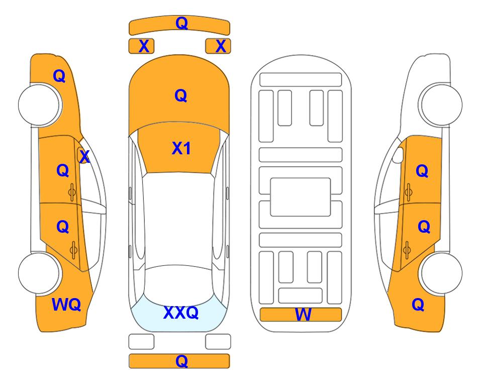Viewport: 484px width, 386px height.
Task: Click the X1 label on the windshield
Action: click(x=181, y=148)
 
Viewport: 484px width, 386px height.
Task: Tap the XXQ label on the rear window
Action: click(x=181, y=313)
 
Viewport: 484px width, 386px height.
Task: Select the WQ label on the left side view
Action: click(x=66, y=305)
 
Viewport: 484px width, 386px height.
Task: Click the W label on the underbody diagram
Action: click(x=303, y=315)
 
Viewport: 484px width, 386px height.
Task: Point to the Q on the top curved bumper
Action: click(x=181, y=23)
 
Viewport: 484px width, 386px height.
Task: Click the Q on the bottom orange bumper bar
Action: click(x=181, y=361)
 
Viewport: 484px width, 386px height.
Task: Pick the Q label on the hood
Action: click(x=181, y=95)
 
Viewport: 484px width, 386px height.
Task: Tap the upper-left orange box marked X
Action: click(x=141, y=46)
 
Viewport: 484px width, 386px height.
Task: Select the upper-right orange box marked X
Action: click(x=218, y=46)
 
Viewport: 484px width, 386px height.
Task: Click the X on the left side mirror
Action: click(x=84, y=157)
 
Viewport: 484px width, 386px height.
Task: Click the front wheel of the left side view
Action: click(x=40, y=105)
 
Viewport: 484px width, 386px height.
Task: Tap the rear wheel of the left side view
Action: click(x=40, y=273)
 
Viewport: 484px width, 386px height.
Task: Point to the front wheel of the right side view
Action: click(x=440, y=105)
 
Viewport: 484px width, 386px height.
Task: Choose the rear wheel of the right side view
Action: click(x=440, y=273)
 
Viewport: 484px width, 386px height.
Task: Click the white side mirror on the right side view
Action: click(x=398, y=155)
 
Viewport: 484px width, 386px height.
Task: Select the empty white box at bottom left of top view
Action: click(x=141, y=342)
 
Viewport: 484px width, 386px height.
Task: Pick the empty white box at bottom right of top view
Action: click(x=218, y=342)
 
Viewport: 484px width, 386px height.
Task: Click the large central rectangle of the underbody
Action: click(x=301, y=197)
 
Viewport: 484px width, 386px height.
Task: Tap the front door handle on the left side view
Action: click(x=72, y=192)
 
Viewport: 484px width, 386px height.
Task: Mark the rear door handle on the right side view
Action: click(x=407, y=250)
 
